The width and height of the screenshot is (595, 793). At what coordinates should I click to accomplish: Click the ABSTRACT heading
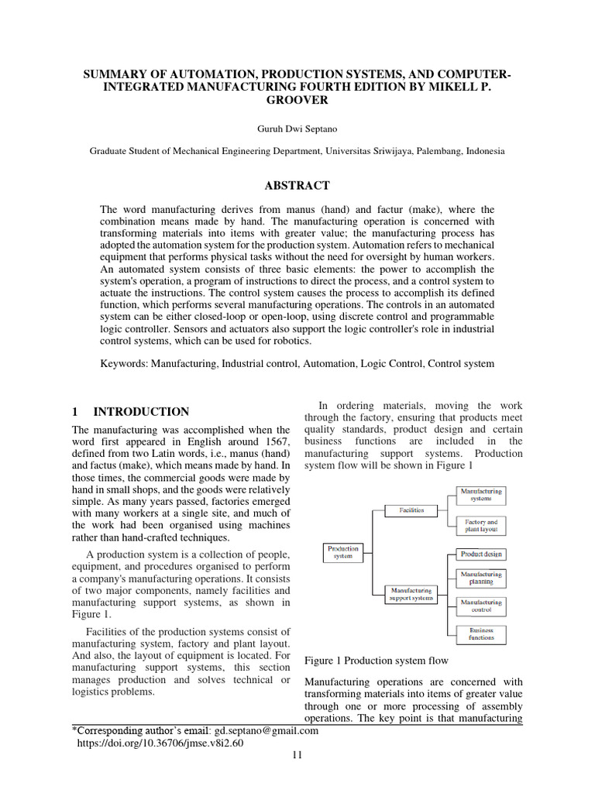pos(297,186)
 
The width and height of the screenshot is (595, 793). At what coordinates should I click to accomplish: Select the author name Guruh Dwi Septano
pos(297,127)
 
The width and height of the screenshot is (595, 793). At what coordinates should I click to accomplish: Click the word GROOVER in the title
pos(297,101)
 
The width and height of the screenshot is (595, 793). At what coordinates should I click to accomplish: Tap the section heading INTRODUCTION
pos(141,412)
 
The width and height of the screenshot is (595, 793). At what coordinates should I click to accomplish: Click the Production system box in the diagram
pos(342,552)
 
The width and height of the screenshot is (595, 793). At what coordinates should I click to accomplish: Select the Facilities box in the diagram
pos(411,510)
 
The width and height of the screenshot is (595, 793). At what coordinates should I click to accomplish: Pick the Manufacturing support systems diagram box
pos(411,594)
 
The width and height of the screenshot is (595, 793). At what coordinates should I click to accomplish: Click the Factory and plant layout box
pos(480,527)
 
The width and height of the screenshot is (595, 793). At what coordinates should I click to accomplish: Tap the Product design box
pos(481,554)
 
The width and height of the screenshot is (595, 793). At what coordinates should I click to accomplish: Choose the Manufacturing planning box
pos(481,578)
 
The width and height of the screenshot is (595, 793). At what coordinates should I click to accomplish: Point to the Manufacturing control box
pos(481,606)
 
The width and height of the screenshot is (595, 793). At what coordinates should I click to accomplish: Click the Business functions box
pos(481,635)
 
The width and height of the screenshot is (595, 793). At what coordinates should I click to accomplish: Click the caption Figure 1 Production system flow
pos(377,661)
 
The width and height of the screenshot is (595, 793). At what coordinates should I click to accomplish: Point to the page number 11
pos(297,756)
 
